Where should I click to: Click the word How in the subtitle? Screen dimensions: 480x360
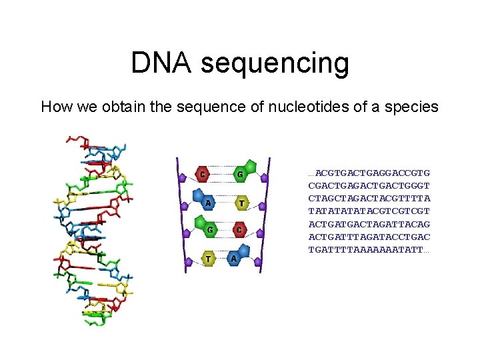[x=55, y=107]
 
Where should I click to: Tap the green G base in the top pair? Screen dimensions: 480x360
[x=240, y=175]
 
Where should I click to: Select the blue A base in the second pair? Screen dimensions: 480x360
[x=208, y=203]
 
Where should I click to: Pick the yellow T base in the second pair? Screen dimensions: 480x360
[x=241, y=203]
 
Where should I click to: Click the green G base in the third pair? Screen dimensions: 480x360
[x=210, y=229]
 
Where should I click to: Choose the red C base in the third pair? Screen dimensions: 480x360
[x=239, y=230]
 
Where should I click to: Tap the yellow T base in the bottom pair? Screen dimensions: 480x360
[x=209, y=258]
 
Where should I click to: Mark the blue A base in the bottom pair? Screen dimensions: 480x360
[x=234, y=258]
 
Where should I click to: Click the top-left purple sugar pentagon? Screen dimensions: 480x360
[x=182, y=177]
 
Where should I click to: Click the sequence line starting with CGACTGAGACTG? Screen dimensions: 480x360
[x=369, y=186]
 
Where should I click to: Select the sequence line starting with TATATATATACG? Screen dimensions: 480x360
[x=369, y=211]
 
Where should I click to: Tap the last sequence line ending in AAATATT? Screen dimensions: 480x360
[x=369, y=249]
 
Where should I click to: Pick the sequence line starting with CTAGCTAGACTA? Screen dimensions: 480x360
[x=369, y=199]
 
